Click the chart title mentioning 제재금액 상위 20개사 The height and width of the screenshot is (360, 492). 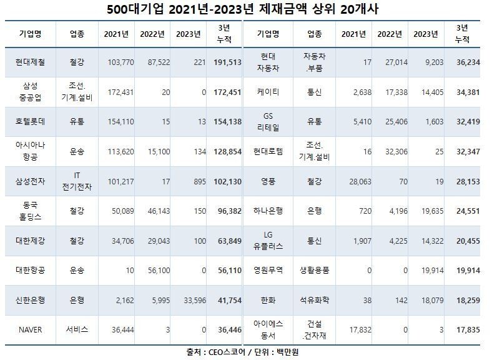pos(245,10)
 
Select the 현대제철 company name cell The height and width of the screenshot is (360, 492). pos(30,62)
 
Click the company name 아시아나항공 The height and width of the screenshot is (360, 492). pos(30,151)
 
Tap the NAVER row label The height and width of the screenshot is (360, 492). pos(30,329)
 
